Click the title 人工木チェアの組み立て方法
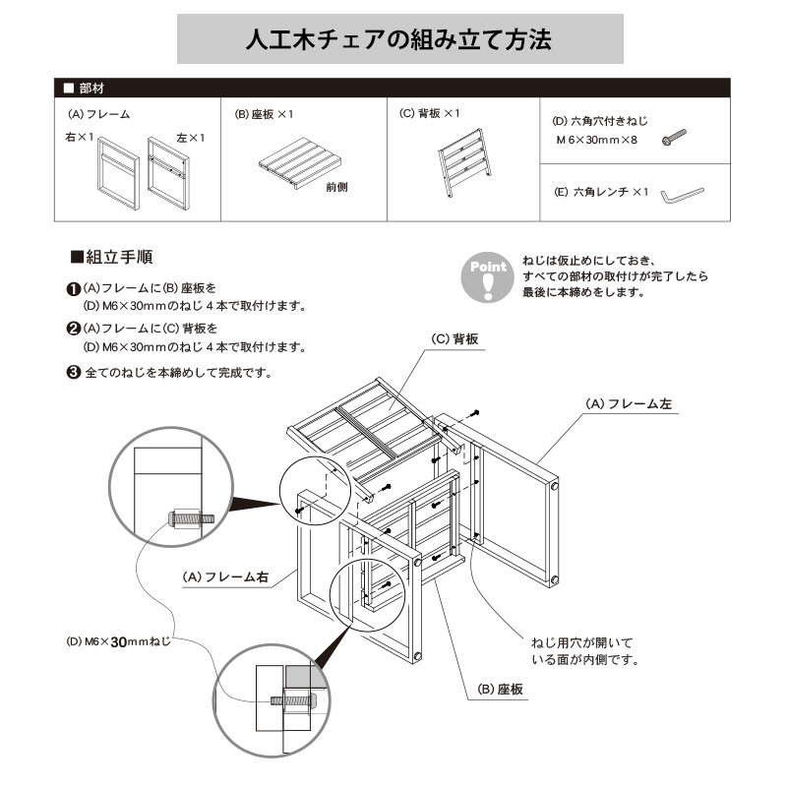coord(398,40)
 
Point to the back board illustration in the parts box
coord(461,159)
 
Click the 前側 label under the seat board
coord(336,187)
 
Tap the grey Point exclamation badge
coord(488,278)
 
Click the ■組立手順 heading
coord(111,258)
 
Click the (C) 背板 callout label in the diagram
coord(454,338)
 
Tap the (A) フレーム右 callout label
coord(224,578)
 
